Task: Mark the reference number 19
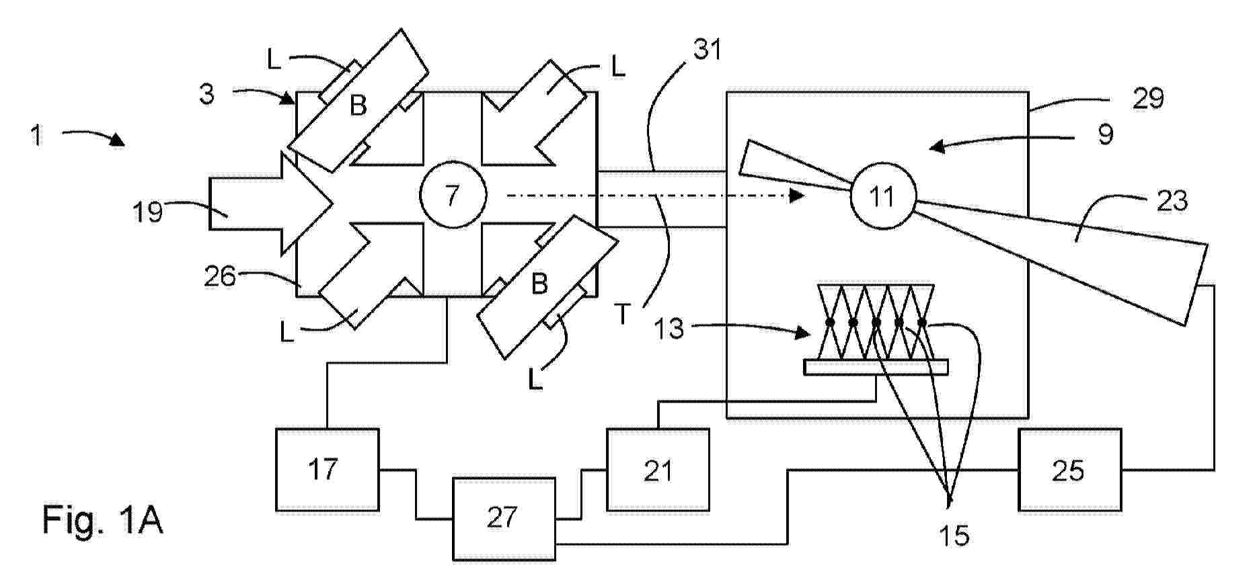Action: point(147,212)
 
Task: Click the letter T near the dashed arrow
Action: point(623,315)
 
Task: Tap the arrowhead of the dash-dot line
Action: point(797,196)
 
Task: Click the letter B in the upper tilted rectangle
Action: point(358,106)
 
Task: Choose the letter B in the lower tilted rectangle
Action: point(539,284)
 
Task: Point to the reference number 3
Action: point(207,94)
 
